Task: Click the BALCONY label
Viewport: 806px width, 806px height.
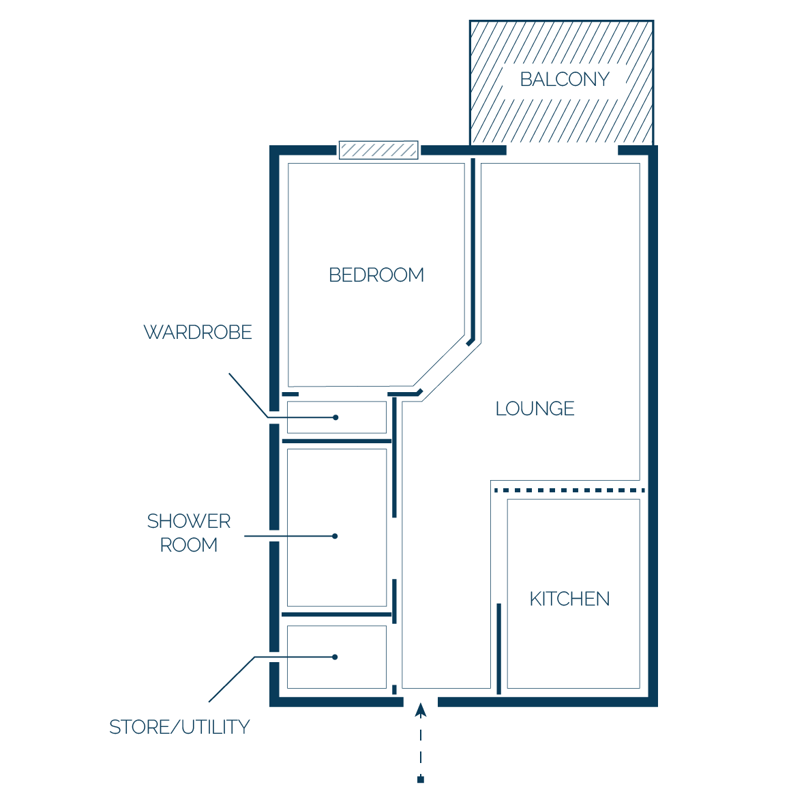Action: (565, 79)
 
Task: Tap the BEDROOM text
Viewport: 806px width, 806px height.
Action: (376, 275)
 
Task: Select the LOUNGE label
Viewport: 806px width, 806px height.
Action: (535, 408)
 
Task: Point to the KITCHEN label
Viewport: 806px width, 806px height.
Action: (569, 599)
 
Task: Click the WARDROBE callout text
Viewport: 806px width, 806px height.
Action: (198, 332)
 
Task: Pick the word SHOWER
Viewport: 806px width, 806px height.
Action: (189, 521)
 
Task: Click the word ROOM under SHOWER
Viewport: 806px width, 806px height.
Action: (189, 545)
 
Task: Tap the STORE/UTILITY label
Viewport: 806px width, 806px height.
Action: (179, 728)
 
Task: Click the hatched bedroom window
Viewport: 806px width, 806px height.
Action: (378, 150)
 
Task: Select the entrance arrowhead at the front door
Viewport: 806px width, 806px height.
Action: (421, 710)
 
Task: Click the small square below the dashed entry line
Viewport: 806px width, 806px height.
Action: (421, 779)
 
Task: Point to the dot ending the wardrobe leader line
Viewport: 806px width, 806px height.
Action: (335, 417)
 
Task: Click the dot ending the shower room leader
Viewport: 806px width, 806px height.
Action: (335, 536)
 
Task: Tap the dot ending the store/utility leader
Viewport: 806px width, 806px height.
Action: (335, 657)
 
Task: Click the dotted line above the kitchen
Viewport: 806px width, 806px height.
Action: (569, 490)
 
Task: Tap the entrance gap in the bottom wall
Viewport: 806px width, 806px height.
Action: (421, 702)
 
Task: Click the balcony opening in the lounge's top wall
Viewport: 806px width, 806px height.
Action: (562, 150)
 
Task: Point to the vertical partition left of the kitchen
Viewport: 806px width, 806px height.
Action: (498, 648)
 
